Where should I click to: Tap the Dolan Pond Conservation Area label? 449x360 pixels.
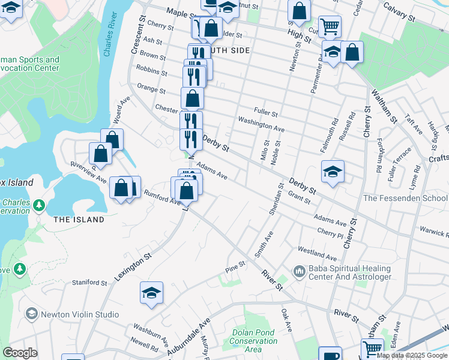coord(253,341)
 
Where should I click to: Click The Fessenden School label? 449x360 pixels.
coord(405,198)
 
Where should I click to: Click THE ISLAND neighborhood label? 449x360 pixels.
coord(79,220)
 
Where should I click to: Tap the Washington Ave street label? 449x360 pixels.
coord(261,124)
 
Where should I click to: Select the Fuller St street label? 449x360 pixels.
coord(266,112)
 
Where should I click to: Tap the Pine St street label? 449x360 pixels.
coord(235,264)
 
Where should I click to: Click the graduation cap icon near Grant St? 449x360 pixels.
coord(333,172)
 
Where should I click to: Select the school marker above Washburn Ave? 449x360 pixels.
coord(152,293)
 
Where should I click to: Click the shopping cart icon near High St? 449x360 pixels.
coord(330,26)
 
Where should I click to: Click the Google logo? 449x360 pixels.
coord(20,353)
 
